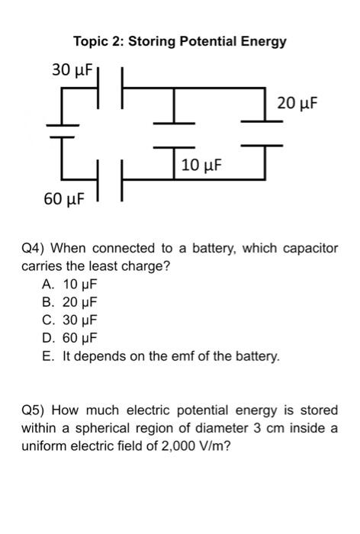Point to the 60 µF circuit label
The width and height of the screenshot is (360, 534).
pyautogui.click(x=64, y=200)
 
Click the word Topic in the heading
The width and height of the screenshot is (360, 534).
pyautogui.click(x=91, y=41)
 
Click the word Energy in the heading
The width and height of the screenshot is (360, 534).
pyautogui.click(x=263, y=41)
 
